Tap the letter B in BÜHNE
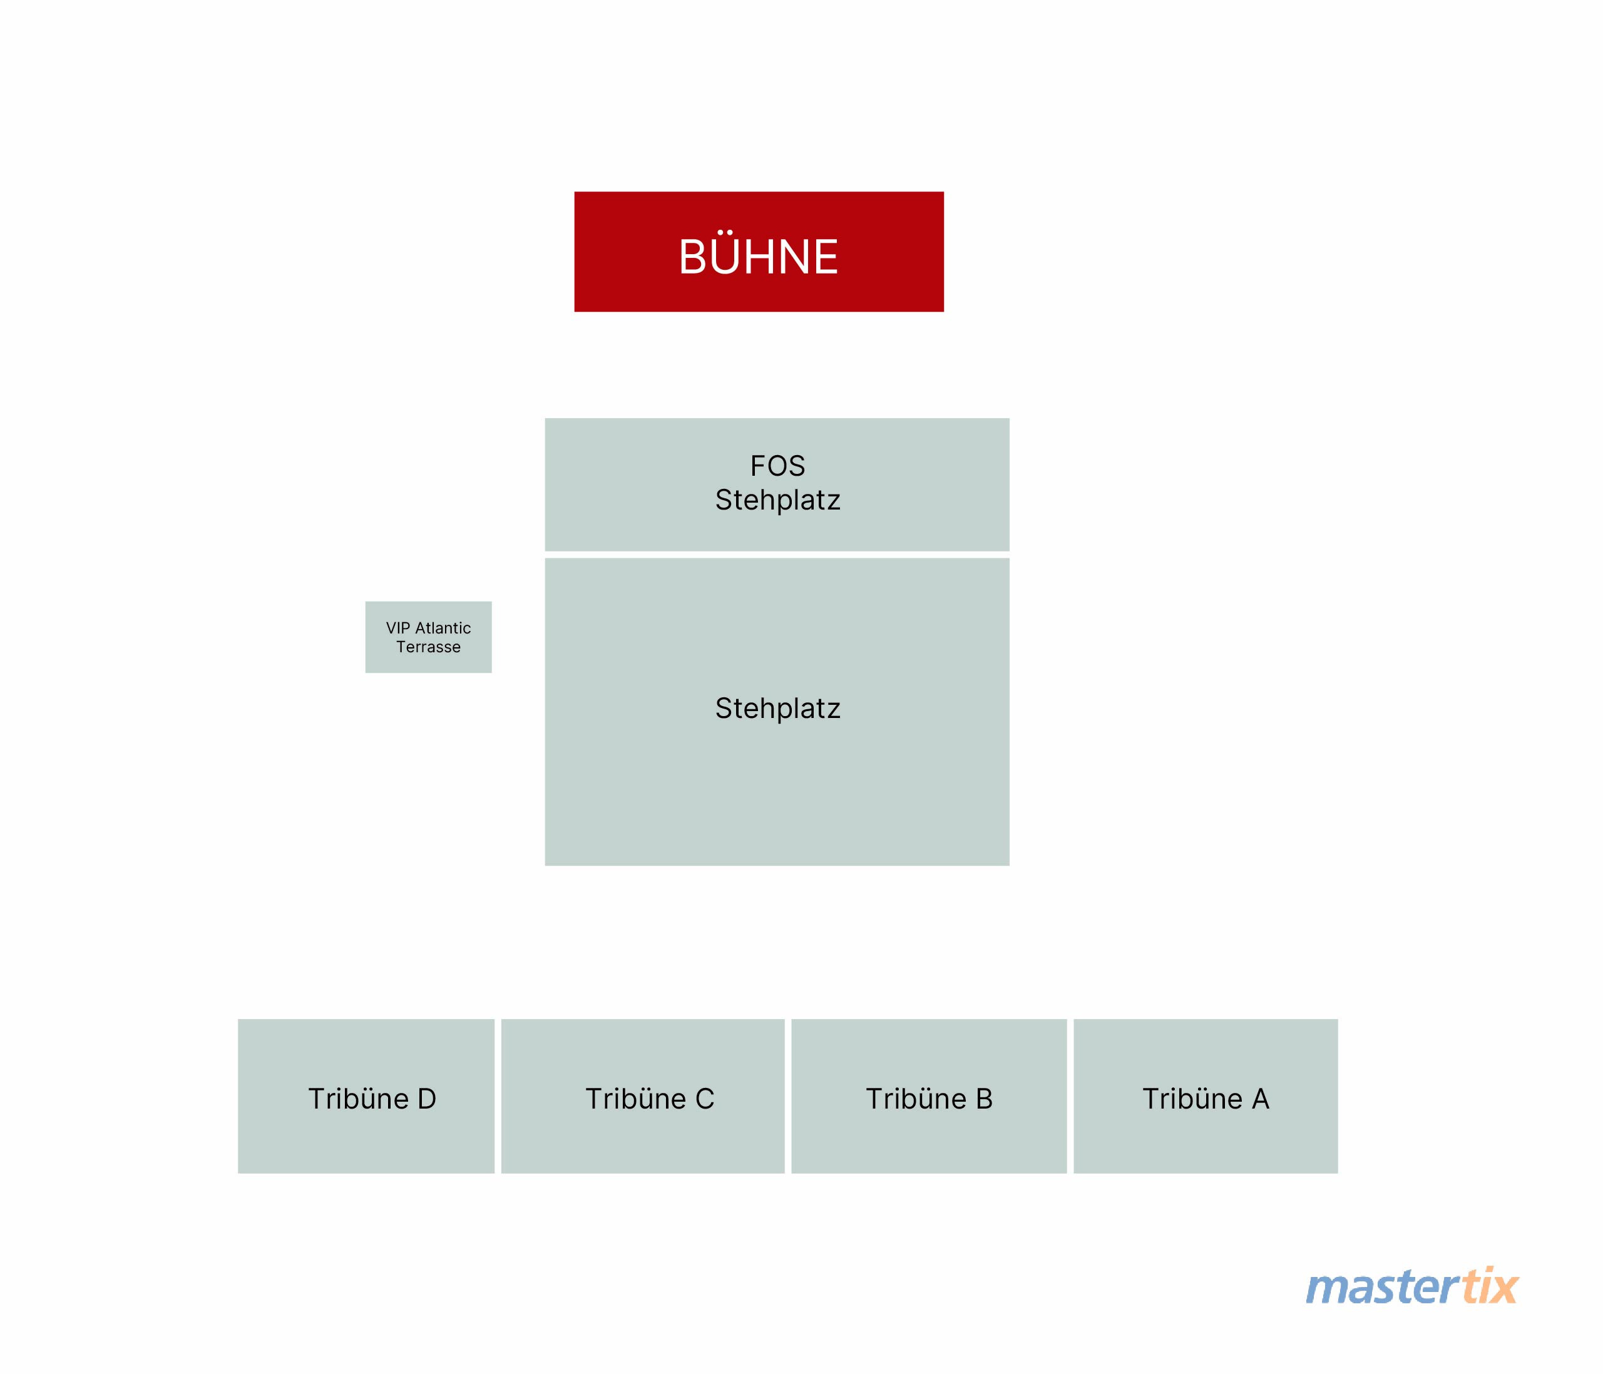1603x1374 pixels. pyautogui.click(x=694, y=257)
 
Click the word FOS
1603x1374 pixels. pyautogui.click(x=777, y=466)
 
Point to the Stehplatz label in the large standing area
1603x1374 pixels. pyautogui.click(x=777, y=709)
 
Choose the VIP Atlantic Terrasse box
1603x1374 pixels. pyautogui.click(x=429, y=637)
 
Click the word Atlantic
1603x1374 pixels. pyautogui.click(x=443, y=628)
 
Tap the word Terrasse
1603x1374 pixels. pyautogui.click(x=429, y=647)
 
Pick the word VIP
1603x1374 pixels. pyautogui.click(x=399, y=628)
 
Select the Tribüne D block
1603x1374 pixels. pyautogui.click(x=366, y=1096)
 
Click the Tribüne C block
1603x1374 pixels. pyautogui.click(x=643, y=1096)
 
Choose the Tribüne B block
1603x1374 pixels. pyautogui.click(x=929, y=1096)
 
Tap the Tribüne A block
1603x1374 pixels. pyautogui.click(x=1206, y=1096)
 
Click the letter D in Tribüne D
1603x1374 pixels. pyautogui.click(x=426, y=1099)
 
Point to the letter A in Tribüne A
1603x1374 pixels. pyautogui.click(x=1260, y=1099)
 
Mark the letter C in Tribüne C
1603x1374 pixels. pyautogui.click(x=704, y=1099)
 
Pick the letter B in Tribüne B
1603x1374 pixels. pyautogui.click(x=983, y=1099)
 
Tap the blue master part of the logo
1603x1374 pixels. pyautogui.click(x=1383, y=1288)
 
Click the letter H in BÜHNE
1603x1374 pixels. pyautogui.click(x=766, y=257)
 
